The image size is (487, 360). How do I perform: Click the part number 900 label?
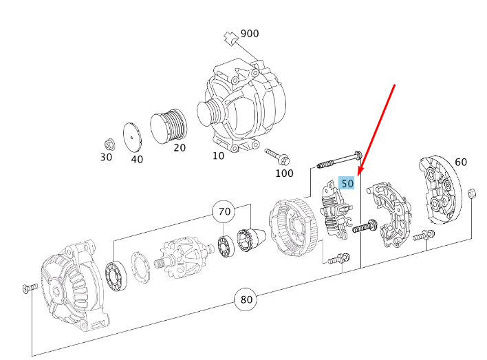250,34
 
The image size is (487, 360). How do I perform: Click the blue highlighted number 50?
347,184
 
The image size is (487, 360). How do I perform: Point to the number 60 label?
460,162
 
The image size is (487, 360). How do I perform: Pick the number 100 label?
284,173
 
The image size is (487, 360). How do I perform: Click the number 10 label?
218,156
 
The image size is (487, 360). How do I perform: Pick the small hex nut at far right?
472,193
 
